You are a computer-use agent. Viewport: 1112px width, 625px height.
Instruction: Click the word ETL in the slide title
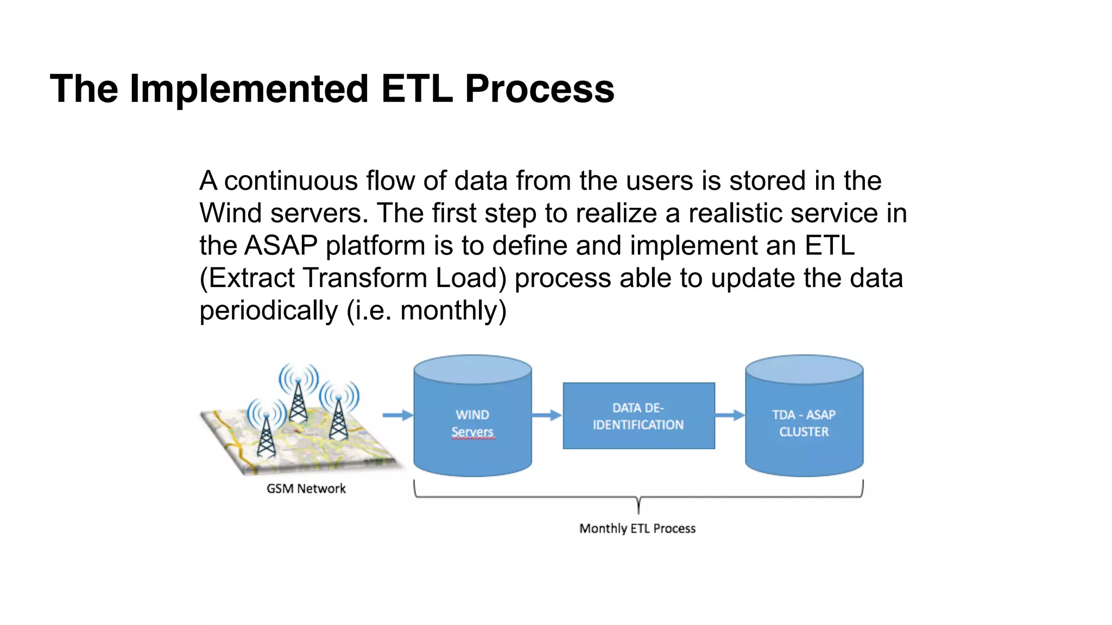[416, 89]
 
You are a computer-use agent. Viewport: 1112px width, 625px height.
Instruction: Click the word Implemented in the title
[249, 89]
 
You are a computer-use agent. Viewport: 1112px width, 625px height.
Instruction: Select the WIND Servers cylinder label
[472, 423]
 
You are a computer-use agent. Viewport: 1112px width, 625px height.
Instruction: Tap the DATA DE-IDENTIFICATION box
[639, 416]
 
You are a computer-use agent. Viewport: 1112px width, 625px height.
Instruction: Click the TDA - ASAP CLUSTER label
[804, 423]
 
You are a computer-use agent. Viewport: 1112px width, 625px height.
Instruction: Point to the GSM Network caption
[306, 489]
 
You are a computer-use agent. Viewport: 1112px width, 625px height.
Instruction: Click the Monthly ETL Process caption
[637, 528]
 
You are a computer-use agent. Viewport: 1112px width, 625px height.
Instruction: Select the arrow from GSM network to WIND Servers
[397, 416]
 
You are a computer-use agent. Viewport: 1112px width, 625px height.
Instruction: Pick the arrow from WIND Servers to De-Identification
[546, 416]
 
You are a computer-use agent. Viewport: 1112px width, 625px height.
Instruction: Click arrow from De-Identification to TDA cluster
[730, 416]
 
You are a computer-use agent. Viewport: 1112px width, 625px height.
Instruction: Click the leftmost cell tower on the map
[266, 434]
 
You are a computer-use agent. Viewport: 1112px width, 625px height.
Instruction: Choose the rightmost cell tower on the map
[338, 418]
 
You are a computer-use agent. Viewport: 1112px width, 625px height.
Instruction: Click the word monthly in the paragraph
[448, 311]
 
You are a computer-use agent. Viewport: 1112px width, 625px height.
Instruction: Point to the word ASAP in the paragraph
[281, 246]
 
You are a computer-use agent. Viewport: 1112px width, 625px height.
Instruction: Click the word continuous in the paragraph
[290, 181]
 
